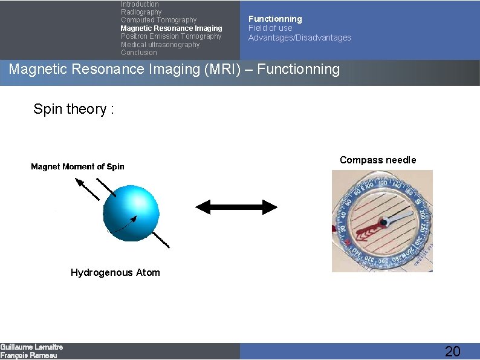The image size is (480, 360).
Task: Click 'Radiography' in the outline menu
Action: [141, 12]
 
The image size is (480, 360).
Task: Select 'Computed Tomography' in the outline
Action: [158, 20]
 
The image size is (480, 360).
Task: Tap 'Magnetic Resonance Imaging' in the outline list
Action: [171, 28]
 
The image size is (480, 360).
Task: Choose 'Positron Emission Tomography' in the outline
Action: [171, 36]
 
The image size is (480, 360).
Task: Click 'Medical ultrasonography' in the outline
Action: [160, 45]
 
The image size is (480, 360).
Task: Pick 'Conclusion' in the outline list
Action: [138, 53]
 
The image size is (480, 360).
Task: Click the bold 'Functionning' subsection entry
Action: [275, 19]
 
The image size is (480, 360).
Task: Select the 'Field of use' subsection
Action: [270, 28]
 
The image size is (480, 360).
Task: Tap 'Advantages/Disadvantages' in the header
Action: [299, 38]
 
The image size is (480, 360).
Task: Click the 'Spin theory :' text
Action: [74, 109]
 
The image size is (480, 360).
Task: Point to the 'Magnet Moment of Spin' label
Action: [77, 166]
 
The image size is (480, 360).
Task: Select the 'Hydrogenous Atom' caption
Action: [115, 272]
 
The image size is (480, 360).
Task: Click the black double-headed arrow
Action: [236, 208]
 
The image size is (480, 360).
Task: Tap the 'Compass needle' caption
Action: [378, 160]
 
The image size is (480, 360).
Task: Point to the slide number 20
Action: [452, 351]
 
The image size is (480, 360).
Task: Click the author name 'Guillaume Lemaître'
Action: [31, 347]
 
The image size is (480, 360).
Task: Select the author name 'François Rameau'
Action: [28, 356]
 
